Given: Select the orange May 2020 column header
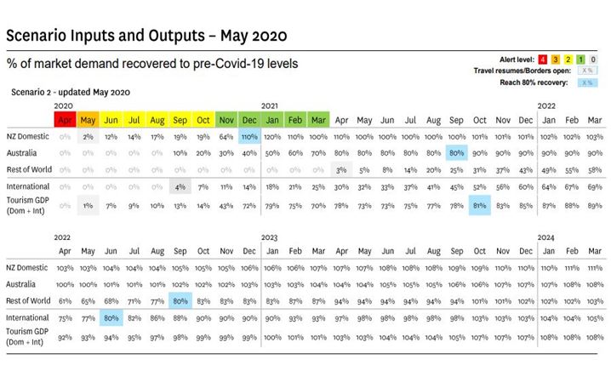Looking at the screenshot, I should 89,118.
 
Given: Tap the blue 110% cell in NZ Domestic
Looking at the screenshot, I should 249,136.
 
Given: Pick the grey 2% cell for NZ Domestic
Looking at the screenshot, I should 88,136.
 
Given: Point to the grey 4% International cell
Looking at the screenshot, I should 180,187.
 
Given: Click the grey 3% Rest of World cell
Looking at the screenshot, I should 340,170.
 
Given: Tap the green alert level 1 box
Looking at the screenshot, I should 580,59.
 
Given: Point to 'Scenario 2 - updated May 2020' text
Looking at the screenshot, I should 70,91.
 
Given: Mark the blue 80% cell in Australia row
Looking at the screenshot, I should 455,153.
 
